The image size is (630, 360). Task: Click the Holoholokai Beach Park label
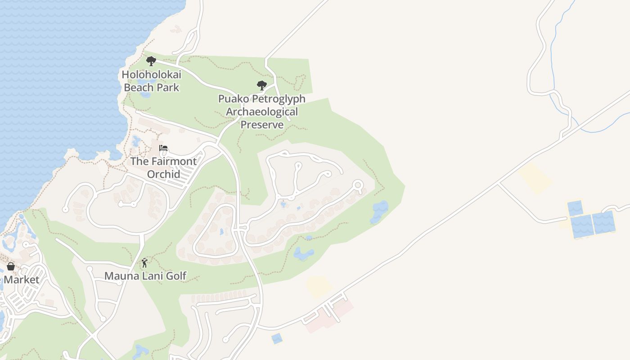click(x=151, y=81)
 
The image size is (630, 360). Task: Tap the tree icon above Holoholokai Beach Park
click(x=151, y=61)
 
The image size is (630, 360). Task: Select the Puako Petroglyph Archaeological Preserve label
click(x=262, y=112)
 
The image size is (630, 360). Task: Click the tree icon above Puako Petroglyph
click(x=261, y=85)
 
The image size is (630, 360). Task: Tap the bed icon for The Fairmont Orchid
click(x=163, y=148)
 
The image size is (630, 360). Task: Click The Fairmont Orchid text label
click(x=163, y=167)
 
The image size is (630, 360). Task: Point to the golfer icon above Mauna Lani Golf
click(x=144, y=263)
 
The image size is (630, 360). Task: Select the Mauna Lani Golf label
click(x=145, y=276)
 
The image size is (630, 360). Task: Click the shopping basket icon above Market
click(x=11, y=266)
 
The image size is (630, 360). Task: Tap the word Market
click(x=22, y=279)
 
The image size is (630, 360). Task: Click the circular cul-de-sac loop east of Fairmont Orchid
click(x=358, y=184)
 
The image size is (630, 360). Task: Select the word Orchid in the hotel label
click(x=163, y=174)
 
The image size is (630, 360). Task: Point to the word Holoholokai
click(x=151, y=74)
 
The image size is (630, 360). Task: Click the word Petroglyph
click(x=279, y=99)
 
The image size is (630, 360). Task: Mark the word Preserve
click(x=262, y=125)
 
